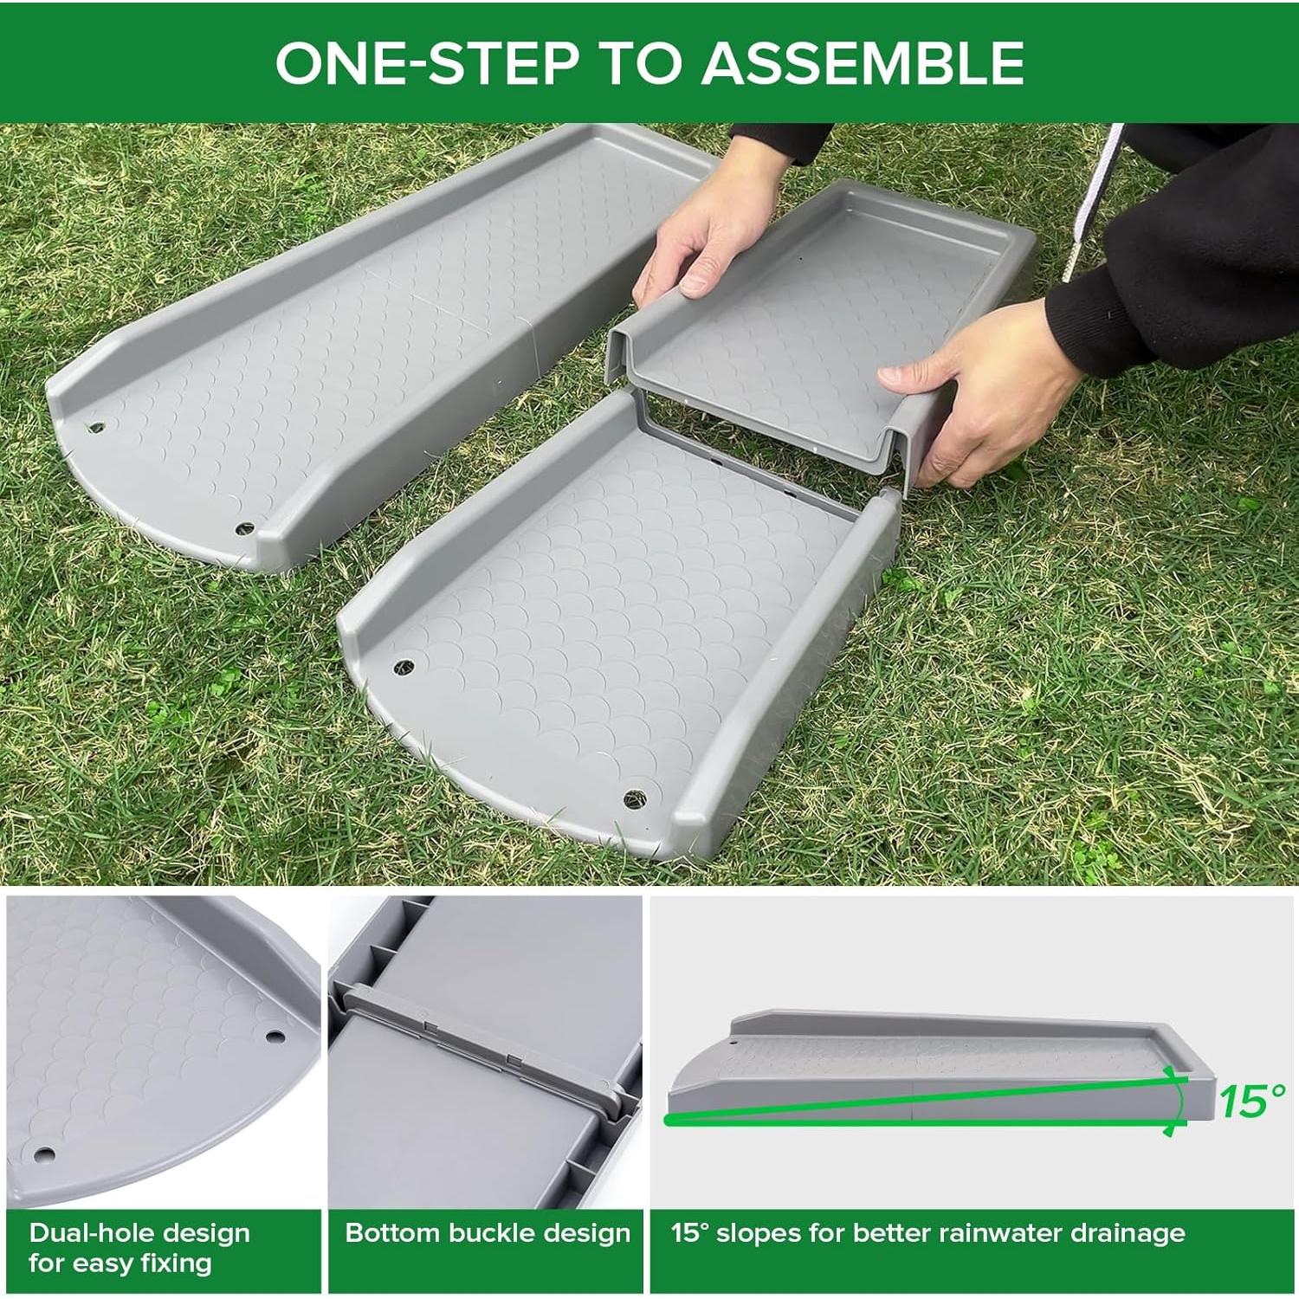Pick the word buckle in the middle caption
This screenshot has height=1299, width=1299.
click(477, 1233)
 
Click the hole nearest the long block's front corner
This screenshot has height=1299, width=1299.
click(245, 527)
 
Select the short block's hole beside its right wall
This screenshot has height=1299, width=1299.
click(635, 795)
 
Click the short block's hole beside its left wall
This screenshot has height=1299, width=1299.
click(404, 666)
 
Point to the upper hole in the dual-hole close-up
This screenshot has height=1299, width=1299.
click(275, 1036)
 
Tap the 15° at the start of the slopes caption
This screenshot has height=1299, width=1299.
click(689, 1233)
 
